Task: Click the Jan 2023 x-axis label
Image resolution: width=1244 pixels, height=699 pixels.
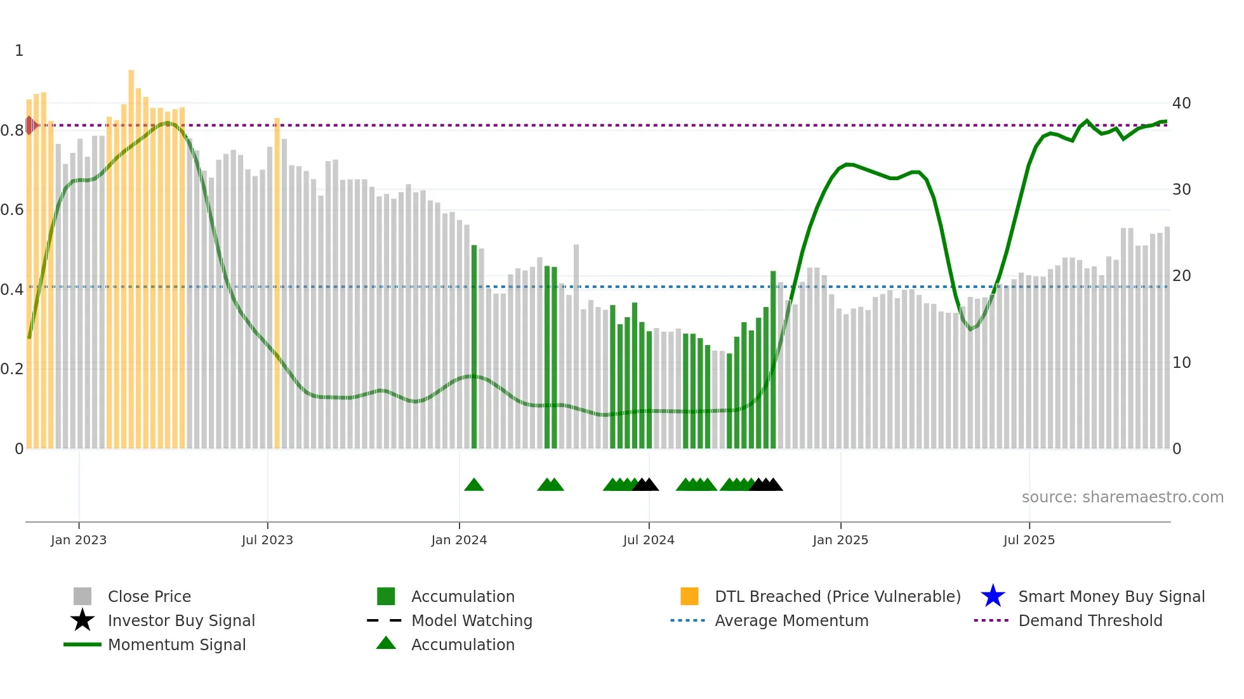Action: (x=79, y=540)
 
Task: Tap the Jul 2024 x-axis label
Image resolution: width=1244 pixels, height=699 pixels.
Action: (x=649, y=540)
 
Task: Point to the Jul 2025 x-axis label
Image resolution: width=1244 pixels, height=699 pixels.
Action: (x=1029, y=540)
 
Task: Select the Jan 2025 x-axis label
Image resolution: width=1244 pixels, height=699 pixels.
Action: (x=840, y=540)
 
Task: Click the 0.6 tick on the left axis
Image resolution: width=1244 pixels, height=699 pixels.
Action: (x=12, y=210)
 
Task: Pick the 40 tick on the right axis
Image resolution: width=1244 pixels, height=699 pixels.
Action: (x=1181, y=103)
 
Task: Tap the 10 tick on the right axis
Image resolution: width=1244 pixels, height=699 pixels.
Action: (x=1181, y=363)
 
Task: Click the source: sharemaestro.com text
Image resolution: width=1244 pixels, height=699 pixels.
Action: (x=1122, y=497)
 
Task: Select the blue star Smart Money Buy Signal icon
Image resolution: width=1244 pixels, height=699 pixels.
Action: (x=993, y=596)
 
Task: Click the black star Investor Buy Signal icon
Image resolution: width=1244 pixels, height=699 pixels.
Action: (x=83, y=620)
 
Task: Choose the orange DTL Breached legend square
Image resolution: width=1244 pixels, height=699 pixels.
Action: (x=689, y=596)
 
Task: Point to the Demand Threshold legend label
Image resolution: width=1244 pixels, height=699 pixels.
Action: (x=1090, y=620)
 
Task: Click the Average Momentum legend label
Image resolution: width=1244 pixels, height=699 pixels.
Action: (x=791, y=620)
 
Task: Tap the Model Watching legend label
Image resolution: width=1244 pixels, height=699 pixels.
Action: (x=472, y=620)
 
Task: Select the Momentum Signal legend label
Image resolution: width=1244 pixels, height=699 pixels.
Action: (x=176, y=644)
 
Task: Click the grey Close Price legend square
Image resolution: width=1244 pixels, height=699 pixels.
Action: (x=83, y=596)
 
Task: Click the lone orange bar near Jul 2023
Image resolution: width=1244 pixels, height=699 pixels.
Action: (x=277, y=285)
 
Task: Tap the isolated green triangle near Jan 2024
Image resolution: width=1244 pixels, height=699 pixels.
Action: (x=474, y=485)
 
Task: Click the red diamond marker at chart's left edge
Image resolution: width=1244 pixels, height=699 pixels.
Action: (x=30, y=126)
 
